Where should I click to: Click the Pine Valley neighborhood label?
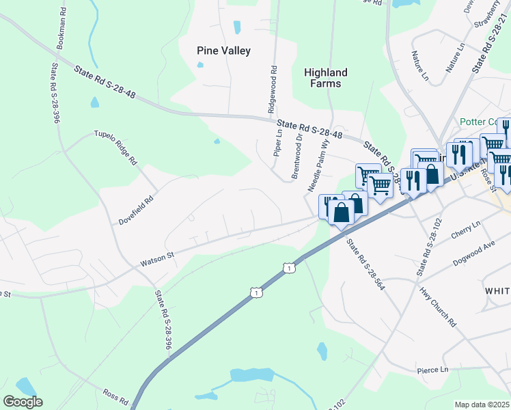click(x=223, y=51)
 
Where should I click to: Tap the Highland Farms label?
click(x=326, y=78)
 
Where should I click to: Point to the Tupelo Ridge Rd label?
click(x=115, y=146)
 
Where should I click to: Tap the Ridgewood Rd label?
click(x=273, y=89)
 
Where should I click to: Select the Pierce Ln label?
click(x=433, y=370)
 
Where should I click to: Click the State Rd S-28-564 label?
click(x=365, y=264)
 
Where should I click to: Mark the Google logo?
click(x=23, y=402)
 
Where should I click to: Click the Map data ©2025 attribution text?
click(x=482, y=405)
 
